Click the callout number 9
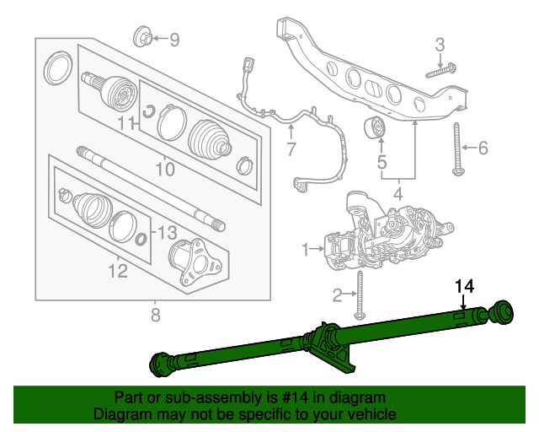(x=174, y=39)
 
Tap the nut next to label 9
(x=143, y=37)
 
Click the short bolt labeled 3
(x=440, y=71)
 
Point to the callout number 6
(x=483, y=148)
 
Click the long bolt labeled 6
(x=457, y=148)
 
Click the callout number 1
(x=307, y=249)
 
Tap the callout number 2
(x=337, y=294)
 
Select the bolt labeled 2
(x=360, y=294)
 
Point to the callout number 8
(x=154, y=316)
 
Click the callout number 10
(x=165, y=170)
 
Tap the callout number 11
(x=126, y=125)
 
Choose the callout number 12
(x=117, y=270)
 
